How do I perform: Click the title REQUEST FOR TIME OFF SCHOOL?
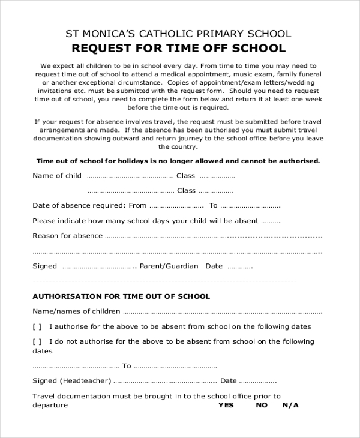(x=179, y=49)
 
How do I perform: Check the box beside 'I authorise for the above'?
(x=37, y=327)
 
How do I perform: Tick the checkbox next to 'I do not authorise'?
(x=37, y=342)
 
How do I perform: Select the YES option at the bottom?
(x=226, y=405)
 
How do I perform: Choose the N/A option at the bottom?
(x=290, y=405)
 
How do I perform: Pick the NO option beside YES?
(x=262, y=405)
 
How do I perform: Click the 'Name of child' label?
(x=57, y=176)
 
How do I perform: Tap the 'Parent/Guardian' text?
(x=169, y=266)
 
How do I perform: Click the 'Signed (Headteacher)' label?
(x=71, y=380)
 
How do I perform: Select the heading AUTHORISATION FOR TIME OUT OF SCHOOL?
(x=121, y=296)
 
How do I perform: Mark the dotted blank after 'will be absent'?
(x=271, y=221)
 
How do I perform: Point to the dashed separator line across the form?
(x=164, y=281)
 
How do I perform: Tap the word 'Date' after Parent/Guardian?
(x=214, y=266)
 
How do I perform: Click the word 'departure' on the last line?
(x=50, y=405)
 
